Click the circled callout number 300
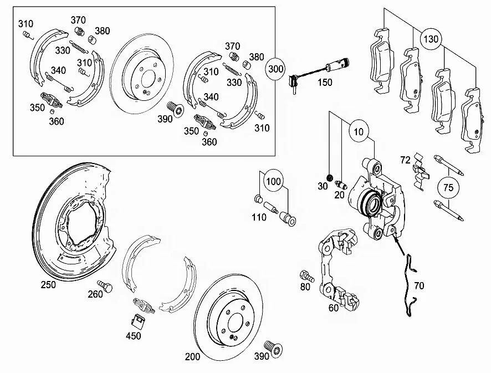[x=276, y=69]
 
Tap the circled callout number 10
[x=359, y=132]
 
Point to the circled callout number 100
[x=273, y=181]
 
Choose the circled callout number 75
[x=448, y=188]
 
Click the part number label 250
[x=48, y=284]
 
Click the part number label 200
[x=192, y=357]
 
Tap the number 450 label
[x=133, y=335]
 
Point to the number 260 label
[x=96, y=294]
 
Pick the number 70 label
[x=419, y=287]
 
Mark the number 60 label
[x=333, y=308]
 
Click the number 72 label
[x=405, y=160]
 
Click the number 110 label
[x=258, y=218]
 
